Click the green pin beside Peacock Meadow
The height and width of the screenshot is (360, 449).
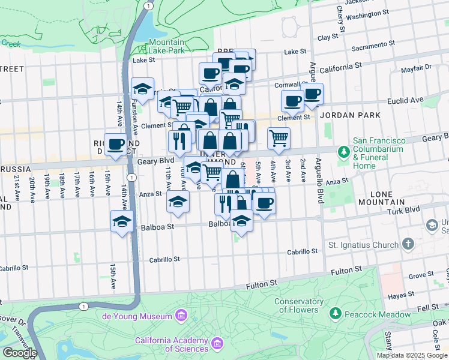pyautogui.click(x=336, y=314)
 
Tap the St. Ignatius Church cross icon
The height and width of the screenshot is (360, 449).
pyautogui.click(x=409, y=244)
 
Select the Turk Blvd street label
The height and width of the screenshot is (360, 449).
pyautogui.click(x=404, y=210)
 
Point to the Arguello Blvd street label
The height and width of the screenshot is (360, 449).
pyautogui.click(x=313, y=81)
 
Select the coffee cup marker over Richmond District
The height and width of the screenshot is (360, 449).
pyautogui.click(x=115, y=144)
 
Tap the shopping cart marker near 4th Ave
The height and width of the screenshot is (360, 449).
pyautogui.click(x=279, y=137)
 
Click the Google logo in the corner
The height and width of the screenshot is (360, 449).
pyautogui.click(x=20, y=353)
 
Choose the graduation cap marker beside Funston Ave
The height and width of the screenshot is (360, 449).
pyautogui.click(x=142, y=89)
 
